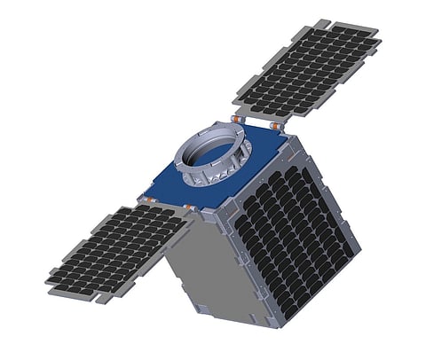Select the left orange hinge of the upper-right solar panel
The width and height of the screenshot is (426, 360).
[x=237, y=118]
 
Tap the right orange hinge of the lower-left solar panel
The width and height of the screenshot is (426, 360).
[x=188, y=209]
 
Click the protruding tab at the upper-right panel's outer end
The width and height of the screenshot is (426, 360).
[x=322, y=21]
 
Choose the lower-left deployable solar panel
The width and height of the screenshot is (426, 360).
[x=115, y=253]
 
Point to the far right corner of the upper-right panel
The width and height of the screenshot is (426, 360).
[x=381, y=41]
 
